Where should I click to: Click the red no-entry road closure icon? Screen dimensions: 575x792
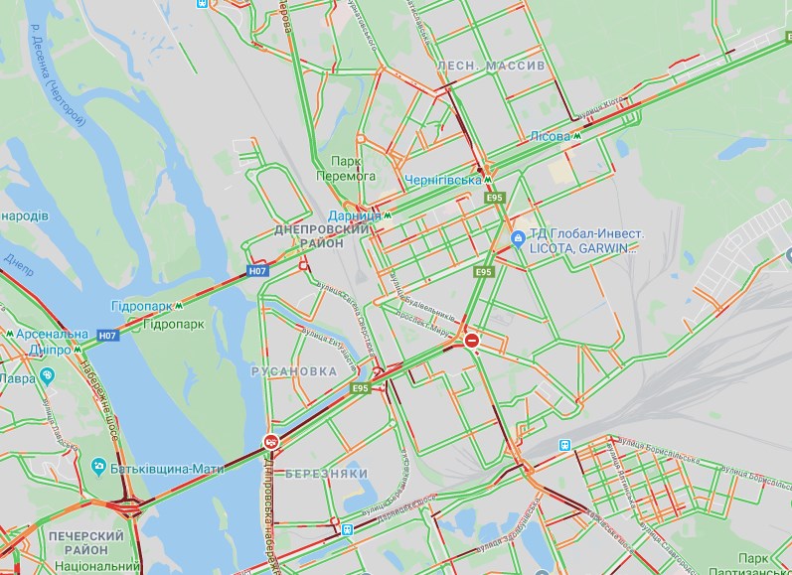(x=472, y=341)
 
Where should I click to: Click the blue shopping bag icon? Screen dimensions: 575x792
(x=518, y=239)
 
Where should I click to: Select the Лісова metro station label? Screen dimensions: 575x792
(x=550, y=136)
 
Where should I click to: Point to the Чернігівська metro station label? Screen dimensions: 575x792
(x=443, y=180)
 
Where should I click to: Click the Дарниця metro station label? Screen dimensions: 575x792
(x=355, y=216)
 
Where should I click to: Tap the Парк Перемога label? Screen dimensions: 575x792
(x=354, y=168)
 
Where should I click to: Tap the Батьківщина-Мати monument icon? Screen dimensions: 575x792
(x=98, y=466)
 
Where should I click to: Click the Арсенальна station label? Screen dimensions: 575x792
(x=51, y=335)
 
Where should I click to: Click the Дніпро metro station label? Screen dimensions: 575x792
(x=40, y=350)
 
